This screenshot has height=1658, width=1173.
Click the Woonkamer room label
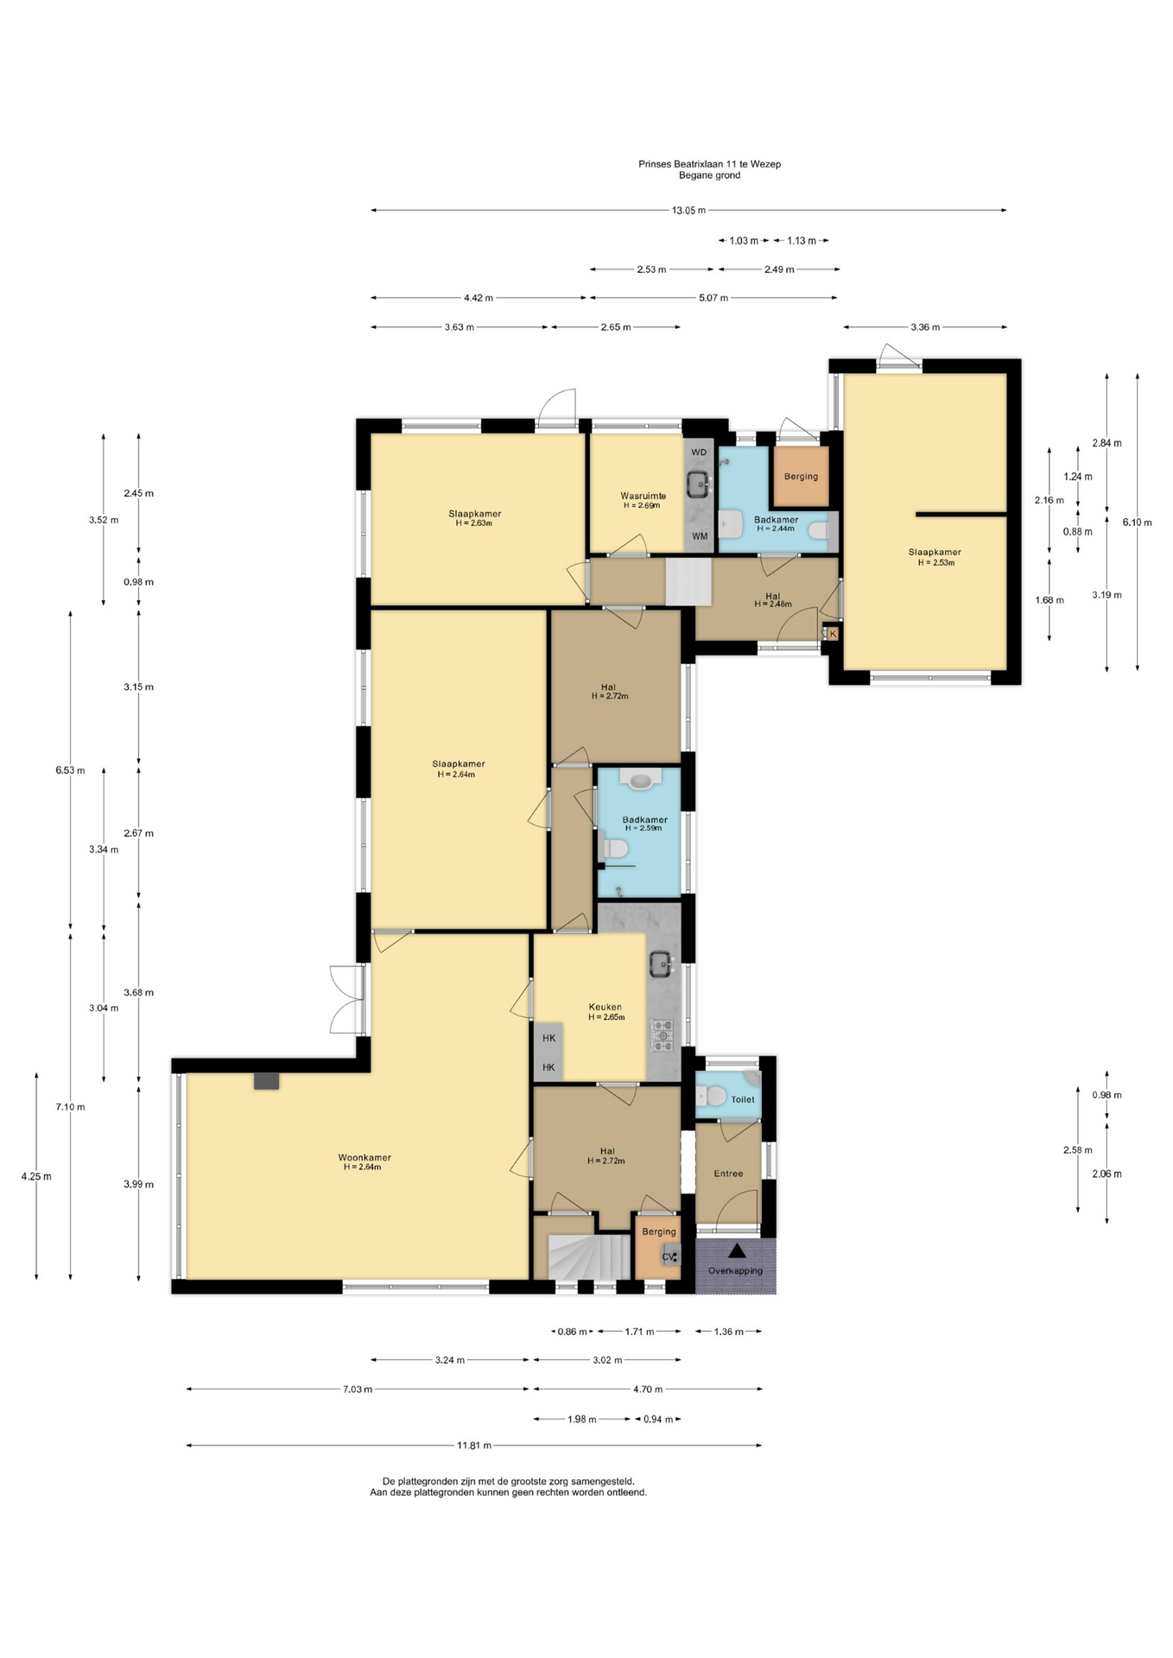tap(365, 1157)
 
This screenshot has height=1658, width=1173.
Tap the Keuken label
tap(606, 1007)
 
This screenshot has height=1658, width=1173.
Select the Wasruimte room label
tap(643, 496)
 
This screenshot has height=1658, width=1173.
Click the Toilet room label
tap(743, 1099)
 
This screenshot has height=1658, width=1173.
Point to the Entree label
tap(728, 1174)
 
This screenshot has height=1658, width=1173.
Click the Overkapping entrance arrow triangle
tap(737, 1250)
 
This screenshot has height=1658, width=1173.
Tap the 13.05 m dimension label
tap(688, 210)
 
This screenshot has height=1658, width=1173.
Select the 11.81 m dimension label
tap(474, 1445)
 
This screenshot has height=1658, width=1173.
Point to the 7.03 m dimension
tap(358, 1389)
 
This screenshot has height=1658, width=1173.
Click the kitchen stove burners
tap(663, 1035)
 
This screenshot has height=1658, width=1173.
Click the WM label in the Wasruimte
tap(700, 536)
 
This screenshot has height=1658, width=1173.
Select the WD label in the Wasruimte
tap(699, 452)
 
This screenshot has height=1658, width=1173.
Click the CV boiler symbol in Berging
tap(670, 1256)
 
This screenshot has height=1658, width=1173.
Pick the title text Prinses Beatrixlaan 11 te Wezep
tap(709, 163)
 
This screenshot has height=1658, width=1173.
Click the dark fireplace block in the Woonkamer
tap(267, 1080)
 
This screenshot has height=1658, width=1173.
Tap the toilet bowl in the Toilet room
tap(713, 1096)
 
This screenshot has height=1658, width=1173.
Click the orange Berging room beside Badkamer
tap(801, 476)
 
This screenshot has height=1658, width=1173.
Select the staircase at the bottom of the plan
tap(589, 1256)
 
